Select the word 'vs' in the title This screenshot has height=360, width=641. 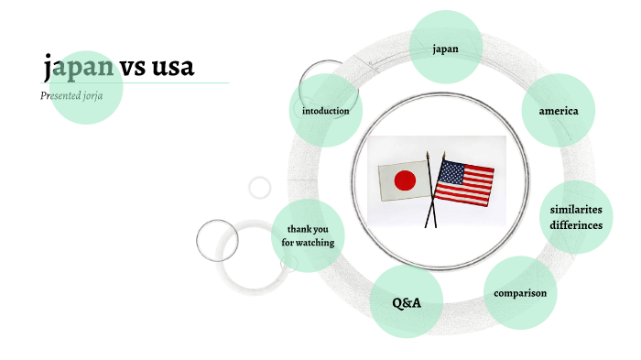(130, 67)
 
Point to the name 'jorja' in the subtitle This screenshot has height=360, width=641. (103, 95)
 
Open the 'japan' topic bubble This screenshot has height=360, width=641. (445, 49)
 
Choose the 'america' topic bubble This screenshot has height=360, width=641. (558, 111)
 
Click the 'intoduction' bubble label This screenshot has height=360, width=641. (325, 111)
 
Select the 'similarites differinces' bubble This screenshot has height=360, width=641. (576, 218)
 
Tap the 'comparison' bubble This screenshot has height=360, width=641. (519, 293)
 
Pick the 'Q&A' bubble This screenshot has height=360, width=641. (406, 301)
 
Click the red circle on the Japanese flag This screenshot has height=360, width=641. (405, 180)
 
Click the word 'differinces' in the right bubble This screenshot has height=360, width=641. (576, 225)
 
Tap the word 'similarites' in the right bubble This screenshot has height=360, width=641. (576, 210)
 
